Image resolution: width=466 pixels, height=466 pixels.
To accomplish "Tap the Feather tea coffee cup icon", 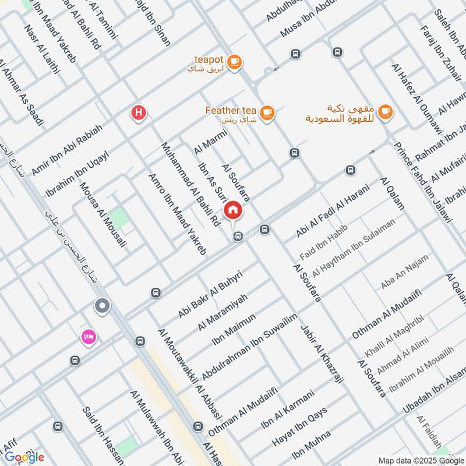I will pyautogui.click(x=267, y=113).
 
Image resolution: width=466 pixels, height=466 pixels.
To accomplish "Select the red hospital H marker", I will pyautogui.click(x=138, y=113).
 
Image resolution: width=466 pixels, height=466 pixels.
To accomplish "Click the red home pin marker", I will pyautogui.click(x=233, y=210).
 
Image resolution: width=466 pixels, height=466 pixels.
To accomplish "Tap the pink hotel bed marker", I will pyautogui.click(x=89, y=337).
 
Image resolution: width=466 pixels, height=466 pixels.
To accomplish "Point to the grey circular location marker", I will pyautogui.click(x=103, y=306).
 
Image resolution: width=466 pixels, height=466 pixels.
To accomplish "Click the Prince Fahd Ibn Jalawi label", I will pyautogui.click(x=422, y=182).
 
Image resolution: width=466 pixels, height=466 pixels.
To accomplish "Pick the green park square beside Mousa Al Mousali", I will pyautogui.click(x=119, y=218).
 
